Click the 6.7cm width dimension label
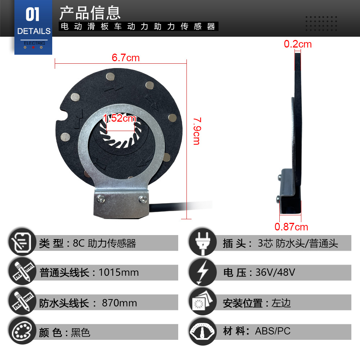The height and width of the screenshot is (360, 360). click(x=126, y=58)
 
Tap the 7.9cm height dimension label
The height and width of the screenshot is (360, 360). click(x=197, y=131)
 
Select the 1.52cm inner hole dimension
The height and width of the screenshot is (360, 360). click(x=120, y=118)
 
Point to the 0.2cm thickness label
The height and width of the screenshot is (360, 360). click(x=298, y=44)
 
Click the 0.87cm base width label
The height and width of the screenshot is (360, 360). click(x=291, y=227)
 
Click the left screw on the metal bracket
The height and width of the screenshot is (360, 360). click(x=100, y=199)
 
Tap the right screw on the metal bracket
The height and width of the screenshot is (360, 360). click(x=143, y=199)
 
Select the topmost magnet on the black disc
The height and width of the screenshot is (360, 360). click(x=110, y=77)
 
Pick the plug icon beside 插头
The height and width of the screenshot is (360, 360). click(x=202, y=242)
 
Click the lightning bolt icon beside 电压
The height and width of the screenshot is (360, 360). click(x=202, y=272)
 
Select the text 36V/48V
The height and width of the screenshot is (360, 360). click(x=275, y=272)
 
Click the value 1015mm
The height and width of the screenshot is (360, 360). click(x=119, y=273)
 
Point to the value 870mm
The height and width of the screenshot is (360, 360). click(x=120, y=303)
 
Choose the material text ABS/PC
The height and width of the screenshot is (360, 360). click(x=273, y=331)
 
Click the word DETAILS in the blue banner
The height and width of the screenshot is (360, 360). click(x=34, y=31)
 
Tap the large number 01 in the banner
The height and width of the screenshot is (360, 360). click(x=32, y=14)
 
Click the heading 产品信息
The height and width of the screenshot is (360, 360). click(x=90, y=13)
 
